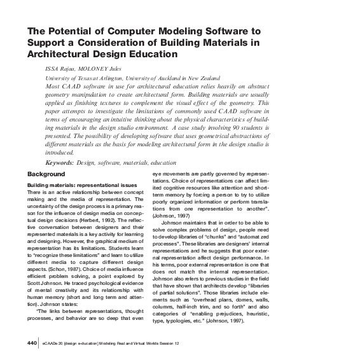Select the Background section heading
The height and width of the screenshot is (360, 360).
coord(46,174)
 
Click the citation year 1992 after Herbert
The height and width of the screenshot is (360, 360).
coord(118,212)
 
